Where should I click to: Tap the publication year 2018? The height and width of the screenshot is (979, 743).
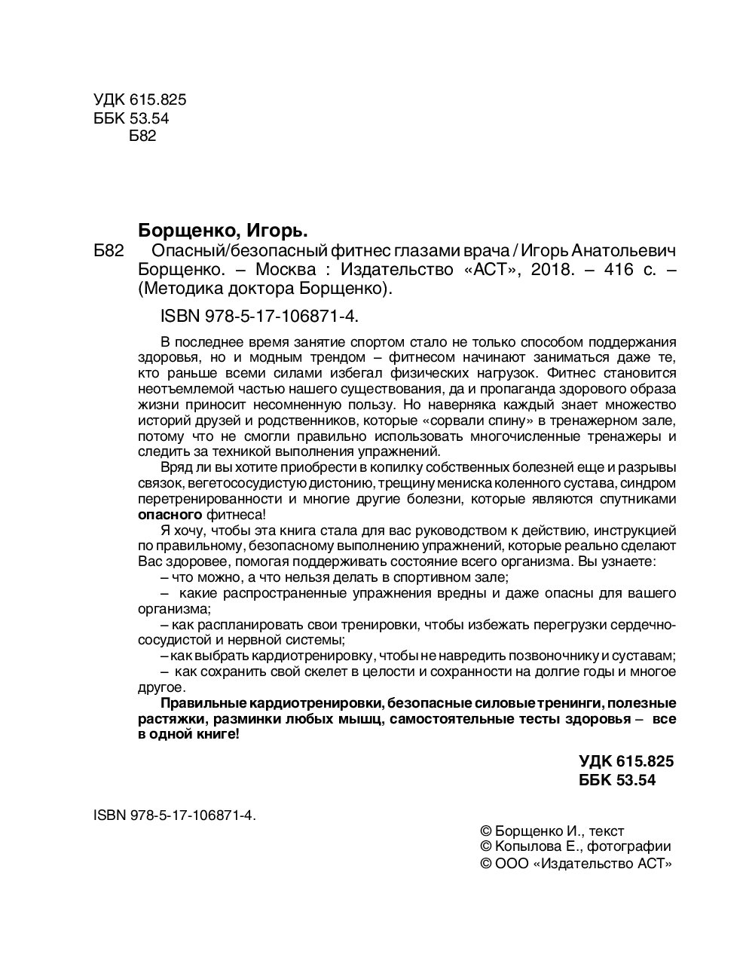click(x=552, y=269)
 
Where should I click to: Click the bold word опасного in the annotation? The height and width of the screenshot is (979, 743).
click(x=170, y=515)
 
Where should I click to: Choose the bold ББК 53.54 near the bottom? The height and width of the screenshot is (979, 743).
click(x=617, y=781)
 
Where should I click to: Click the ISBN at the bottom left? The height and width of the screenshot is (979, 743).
click(x=174, y=815)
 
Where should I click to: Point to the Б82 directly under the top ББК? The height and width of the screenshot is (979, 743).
click(x=142, y=136)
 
